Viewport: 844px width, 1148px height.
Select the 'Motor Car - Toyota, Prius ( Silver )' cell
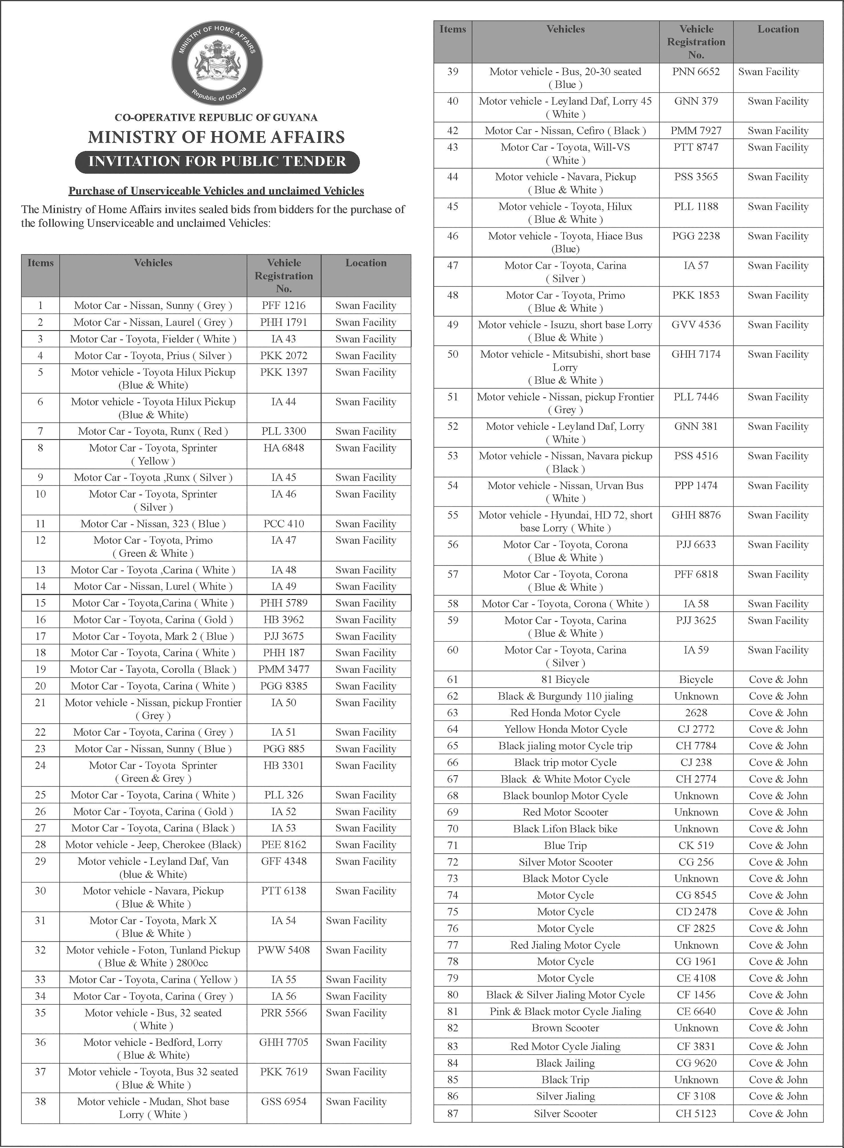coord(153,355)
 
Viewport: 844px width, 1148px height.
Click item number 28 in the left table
coord(40,845)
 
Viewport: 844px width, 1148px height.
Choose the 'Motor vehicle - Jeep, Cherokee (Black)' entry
coord(153,845)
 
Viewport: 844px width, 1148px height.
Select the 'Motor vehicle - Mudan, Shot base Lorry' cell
coord(153,1108)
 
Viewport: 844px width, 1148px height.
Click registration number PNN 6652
coord(696,72)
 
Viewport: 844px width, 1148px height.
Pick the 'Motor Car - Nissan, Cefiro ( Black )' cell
coord(565,131)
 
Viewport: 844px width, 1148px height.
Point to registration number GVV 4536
coord(696,325)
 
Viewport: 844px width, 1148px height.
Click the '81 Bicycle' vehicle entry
coord(565,679)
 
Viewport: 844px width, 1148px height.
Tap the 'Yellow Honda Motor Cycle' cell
coord(565,729)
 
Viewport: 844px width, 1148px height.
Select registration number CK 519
coord(696,845)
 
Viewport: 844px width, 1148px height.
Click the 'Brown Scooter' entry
coord(565,1028)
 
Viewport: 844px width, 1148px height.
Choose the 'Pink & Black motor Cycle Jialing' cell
coord(565,1012)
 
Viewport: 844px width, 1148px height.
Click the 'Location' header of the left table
coord(366,263)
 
